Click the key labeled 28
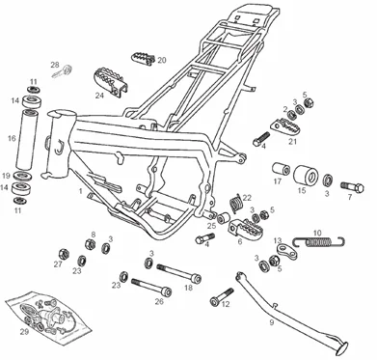[x=63, y=71]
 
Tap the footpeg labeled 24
[x=110, y=81]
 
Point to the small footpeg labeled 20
[x=144, y=58]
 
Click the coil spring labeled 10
[x=319, y=241]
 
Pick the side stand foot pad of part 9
[x=339, y=348]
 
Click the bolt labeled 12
[x=222, y=296]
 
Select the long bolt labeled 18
[x=179, y=272]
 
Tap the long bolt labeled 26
[x=151, y=287]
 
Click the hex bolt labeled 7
[x=352, y=187]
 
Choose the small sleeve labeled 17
[x=282, y=169]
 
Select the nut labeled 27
[x=65, y=254]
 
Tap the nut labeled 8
[x=91, y=244]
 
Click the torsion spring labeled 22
[x=235, y=203]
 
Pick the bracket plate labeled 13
[x=285, y=252]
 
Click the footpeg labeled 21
[x=284, y=126]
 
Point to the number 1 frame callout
[x=81, y=191]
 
